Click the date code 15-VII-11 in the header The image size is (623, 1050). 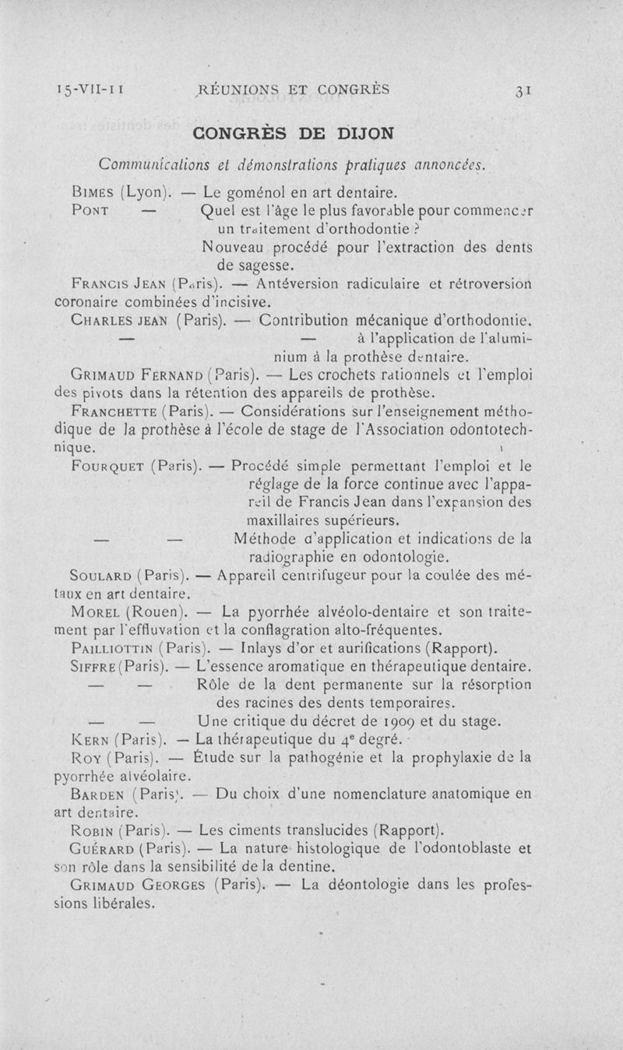pyautogui.click(x=91, y=90)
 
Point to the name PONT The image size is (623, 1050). pyautogui.click(x=93, y=211)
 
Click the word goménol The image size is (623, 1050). pyautogui.click(x=262, y=191)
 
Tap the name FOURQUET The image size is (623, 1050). pyautogui.click(x=107, y=467)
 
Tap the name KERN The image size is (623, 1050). pyautogui.click(x=88, y=738)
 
